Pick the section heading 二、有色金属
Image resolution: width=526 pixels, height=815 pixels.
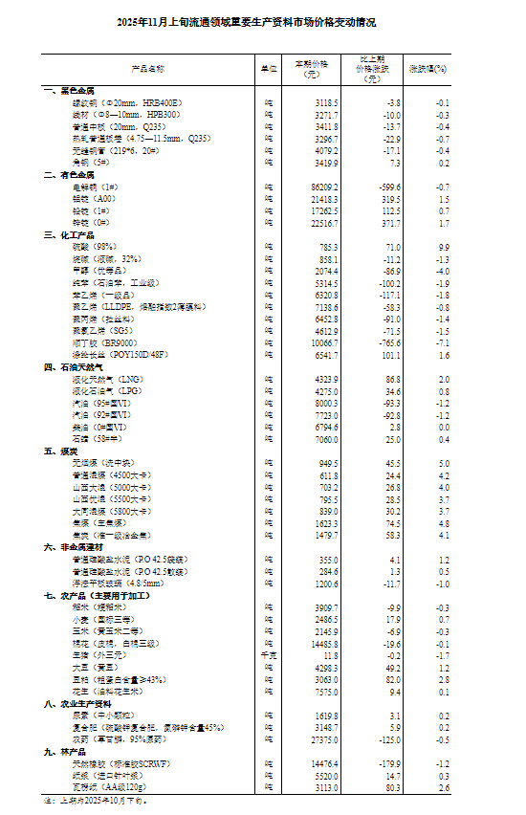click(69, 175)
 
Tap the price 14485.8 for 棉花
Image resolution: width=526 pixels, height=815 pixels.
click(318, 643)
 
